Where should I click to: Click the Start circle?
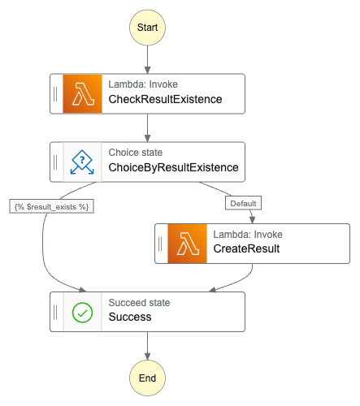(147, 28)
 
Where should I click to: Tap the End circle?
(147, 378)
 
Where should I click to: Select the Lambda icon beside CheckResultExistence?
(82, 93)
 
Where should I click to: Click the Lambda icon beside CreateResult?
(187, 244)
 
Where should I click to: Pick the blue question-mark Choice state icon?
(82, 162)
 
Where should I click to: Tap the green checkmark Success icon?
(82, 312)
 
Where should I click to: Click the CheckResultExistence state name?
(165, 99)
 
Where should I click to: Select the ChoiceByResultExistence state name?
(173, 167)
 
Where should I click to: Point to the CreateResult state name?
(246, 248)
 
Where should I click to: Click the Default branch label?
(243, 203)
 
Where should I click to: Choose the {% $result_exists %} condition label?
(51, 206)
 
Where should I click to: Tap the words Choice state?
(136, 153)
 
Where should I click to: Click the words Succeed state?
(139, 303)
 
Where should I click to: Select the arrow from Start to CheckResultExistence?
(147, 59)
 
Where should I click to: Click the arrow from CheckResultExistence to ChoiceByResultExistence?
(147, 127)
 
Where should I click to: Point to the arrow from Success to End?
(147, 346)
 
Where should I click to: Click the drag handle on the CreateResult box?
(160, 244)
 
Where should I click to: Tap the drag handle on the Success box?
(55, 312)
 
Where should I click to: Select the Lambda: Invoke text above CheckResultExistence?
(143, 84)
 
